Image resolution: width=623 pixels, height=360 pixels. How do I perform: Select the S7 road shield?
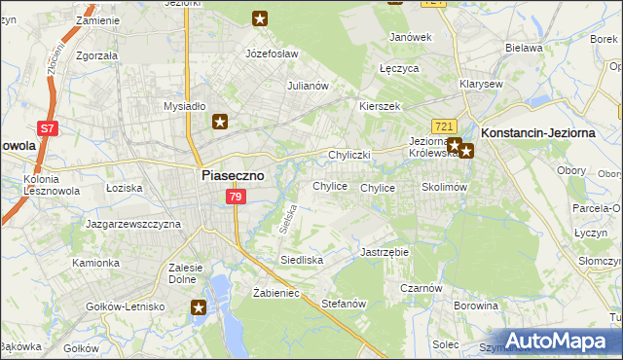(x=46, y=127)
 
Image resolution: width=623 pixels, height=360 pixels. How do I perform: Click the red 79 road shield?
(x=236, y=198)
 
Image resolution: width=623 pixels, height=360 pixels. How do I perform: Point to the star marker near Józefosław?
(x=260, y=18)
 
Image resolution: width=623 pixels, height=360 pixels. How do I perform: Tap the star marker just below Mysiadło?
(x=221, y=122)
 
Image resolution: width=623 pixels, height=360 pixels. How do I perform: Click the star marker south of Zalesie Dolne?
(x=200, y=307)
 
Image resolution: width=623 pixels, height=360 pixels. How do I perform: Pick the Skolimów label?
(x=445, y=187)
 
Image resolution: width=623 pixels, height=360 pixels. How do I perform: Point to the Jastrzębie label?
(x=385, y=251)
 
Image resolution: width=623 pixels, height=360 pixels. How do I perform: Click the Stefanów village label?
(x=343, y=304)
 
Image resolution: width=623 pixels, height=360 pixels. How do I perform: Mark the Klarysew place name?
(x=481, y=84)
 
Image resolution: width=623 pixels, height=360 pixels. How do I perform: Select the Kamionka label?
(x=94, y=263)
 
